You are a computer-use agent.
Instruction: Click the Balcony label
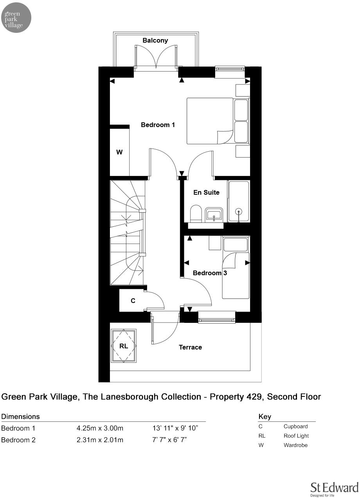tap(155, 40)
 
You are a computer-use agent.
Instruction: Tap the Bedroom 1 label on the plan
tap(158, 125)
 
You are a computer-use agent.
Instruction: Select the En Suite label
tap(206, 192)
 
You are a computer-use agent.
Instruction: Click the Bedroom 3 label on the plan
tap(210, 273)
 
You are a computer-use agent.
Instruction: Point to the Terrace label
tap(190, 347)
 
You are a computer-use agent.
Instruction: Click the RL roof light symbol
tap(124, 346)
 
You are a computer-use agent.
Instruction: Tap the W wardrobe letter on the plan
tap(119, 152)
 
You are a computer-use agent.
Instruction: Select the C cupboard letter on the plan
tap(133, 301)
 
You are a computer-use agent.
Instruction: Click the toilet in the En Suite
tap(195, 214)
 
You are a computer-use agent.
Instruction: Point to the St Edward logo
tap(334, 489)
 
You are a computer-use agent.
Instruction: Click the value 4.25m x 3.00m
tap(100, 428)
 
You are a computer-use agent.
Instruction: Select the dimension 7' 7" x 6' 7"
tap(169, 440)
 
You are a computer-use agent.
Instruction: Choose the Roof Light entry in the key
tap(296, 436)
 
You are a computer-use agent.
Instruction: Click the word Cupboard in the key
tap(295, 427)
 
